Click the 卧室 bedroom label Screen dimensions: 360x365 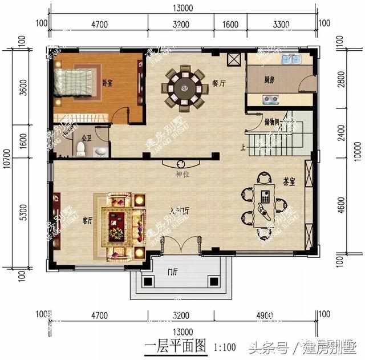pos(107,83)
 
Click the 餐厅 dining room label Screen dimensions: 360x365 pos(219,83)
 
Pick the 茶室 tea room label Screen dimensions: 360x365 pos(289,181)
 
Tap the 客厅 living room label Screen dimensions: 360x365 pos(87,221)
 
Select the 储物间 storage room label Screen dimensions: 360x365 pos(271,122)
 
